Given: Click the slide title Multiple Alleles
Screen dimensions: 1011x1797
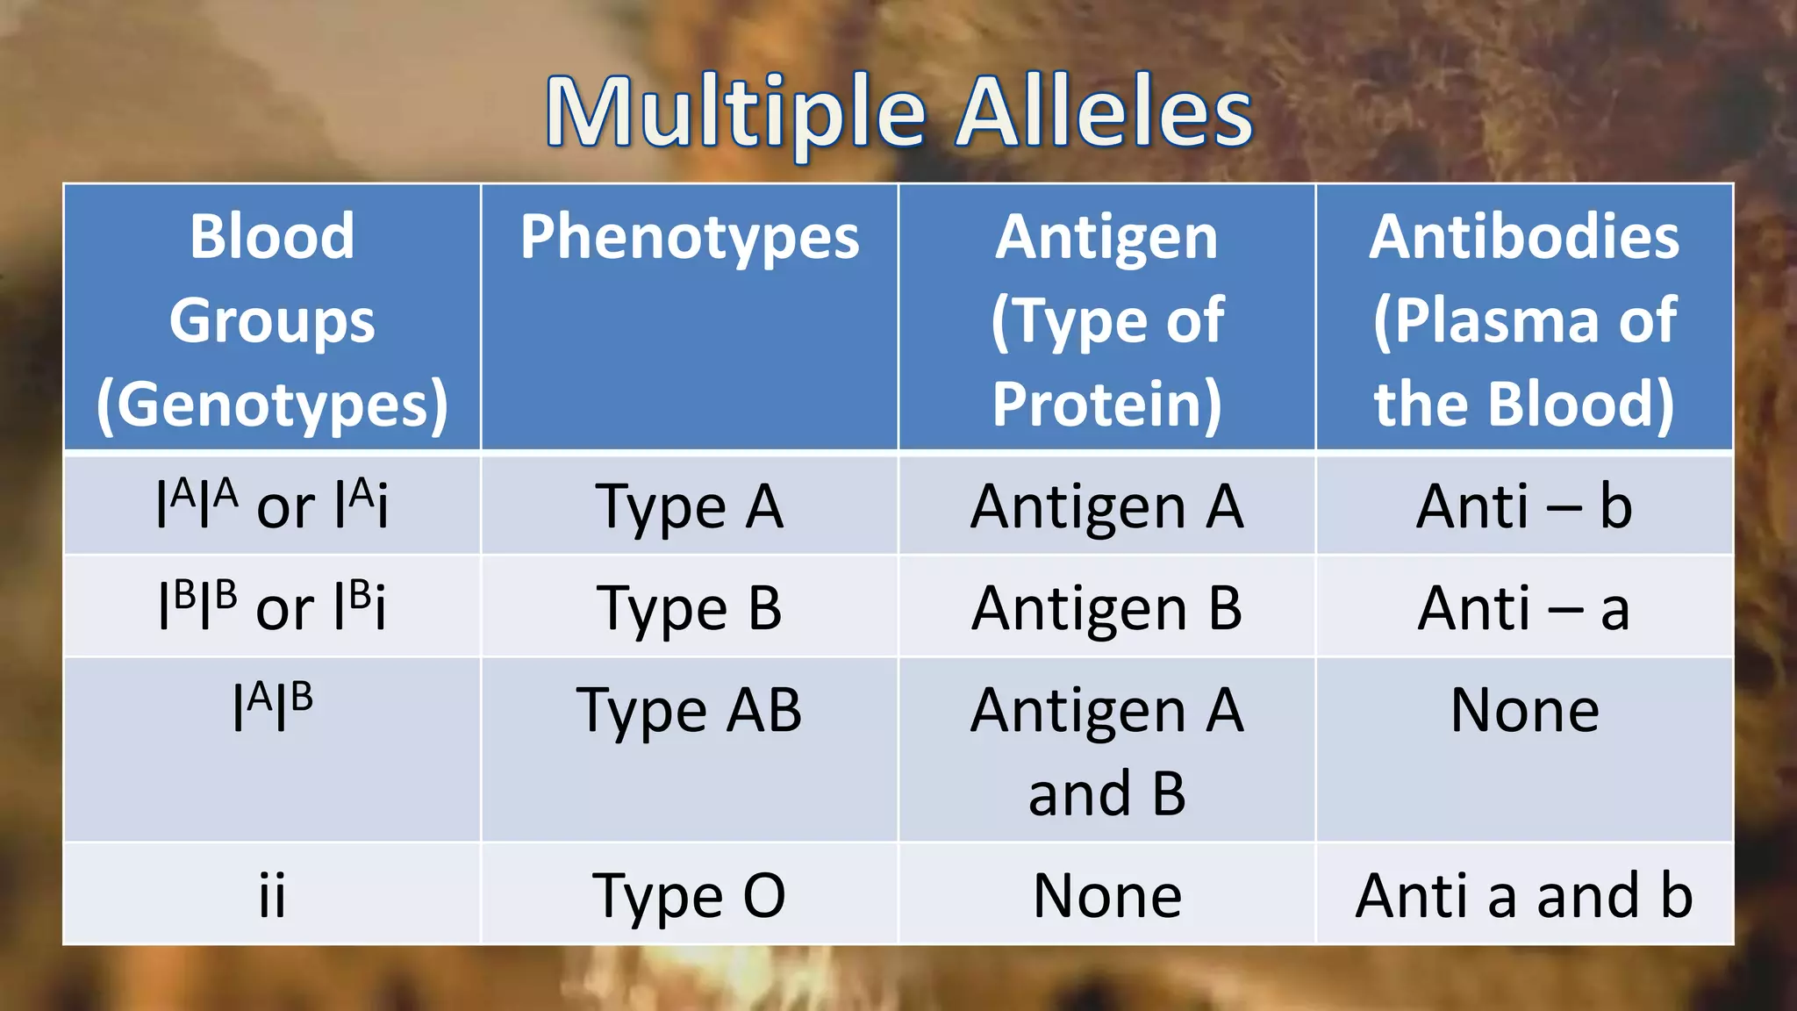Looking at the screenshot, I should (898, 112).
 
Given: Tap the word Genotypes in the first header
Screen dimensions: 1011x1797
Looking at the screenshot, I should (272, 405).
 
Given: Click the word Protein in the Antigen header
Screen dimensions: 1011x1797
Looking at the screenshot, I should (1106, 405).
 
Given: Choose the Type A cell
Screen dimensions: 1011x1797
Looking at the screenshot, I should (690, 507).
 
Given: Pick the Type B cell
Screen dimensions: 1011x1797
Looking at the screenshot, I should (690, 608).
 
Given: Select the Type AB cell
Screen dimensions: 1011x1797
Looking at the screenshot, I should (690, 710).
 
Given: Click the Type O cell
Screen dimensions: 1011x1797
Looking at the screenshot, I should (690, 896).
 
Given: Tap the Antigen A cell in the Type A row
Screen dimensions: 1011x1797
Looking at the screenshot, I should (1106, 507).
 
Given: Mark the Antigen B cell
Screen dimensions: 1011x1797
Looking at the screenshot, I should (1106, 608).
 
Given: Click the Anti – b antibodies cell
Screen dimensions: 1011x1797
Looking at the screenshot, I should (1524, 507).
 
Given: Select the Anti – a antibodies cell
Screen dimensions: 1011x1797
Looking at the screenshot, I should (1524, 608).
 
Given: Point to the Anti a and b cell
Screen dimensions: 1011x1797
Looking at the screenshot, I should (1524, 896).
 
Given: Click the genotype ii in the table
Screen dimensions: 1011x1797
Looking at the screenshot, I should (272, 896).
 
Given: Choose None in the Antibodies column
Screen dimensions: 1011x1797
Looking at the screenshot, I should (1524, 710).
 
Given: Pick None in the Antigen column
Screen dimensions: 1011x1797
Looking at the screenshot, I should (1106, 896).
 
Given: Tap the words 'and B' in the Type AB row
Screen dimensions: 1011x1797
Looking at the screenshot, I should (1106, 793).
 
